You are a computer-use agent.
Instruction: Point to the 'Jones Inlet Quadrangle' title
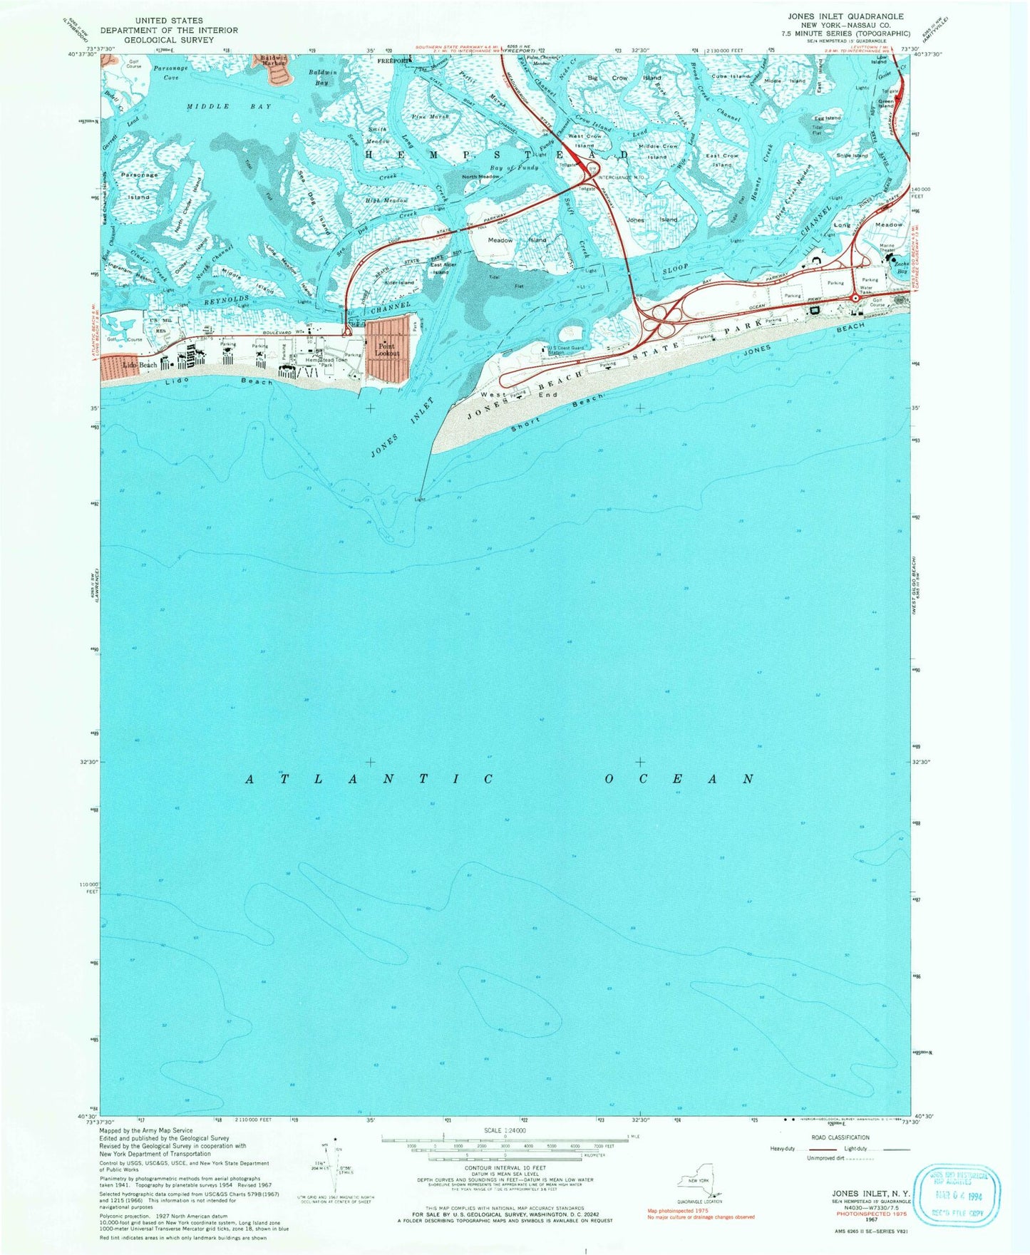coord(845,16)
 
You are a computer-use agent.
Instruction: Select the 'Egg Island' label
coord(828,118)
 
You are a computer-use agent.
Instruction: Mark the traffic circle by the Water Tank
coord(855,298)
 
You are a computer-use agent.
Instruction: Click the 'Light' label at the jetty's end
coord(420,500)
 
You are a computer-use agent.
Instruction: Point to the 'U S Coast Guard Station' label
coord(563,349)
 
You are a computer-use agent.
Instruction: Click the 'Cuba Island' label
coord(731,76)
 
